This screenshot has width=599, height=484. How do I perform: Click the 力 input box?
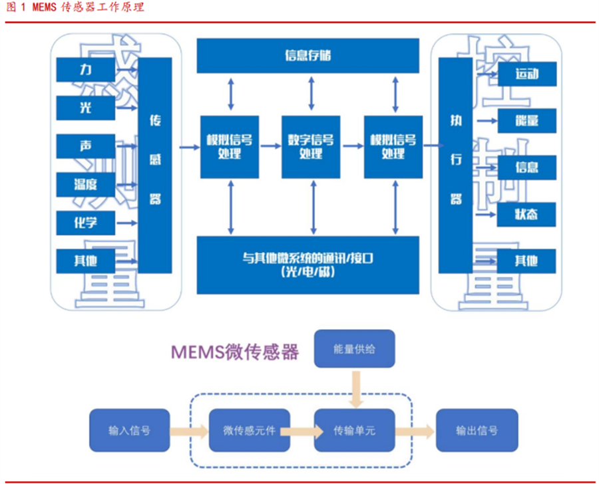tap(86, 68)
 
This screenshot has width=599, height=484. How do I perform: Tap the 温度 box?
tap(86, 183)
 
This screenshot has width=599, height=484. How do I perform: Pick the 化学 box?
tap(86, 221)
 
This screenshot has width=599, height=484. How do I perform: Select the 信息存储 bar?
tap(307, 56)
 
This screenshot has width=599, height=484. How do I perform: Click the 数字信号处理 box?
tap(311, 146)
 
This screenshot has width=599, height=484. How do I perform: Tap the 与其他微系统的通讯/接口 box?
tap(307, 265)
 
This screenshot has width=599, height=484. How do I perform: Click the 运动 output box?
tap(526, 74)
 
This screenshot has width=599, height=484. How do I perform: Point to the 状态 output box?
tap(526, 213)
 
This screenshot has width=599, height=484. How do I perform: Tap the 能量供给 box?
tap(355, 348)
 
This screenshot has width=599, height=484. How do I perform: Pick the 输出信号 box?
tap(477, 430)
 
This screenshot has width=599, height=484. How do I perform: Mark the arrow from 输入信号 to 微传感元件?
tap(188, 430)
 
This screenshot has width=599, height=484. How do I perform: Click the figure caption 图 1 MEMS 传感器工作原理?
tap(74, 8)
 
